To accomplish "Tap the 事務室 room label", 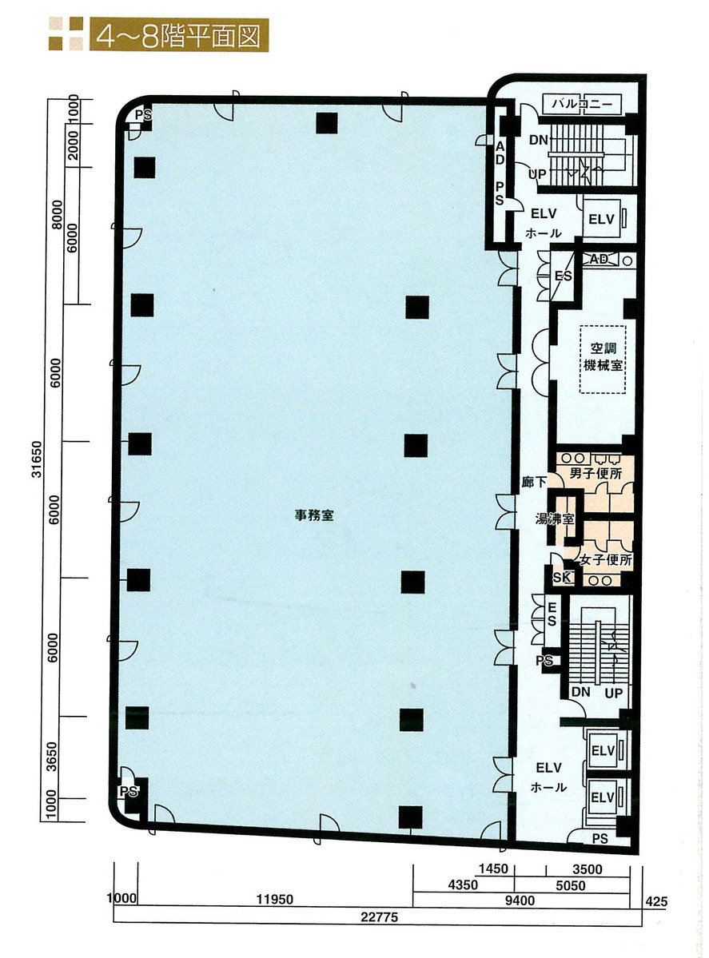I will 313,516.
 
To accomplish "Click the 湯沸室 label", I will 555,519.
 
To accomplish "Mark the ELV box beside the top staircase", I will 600,219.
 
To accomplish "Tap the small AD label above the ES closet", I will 598,260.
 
